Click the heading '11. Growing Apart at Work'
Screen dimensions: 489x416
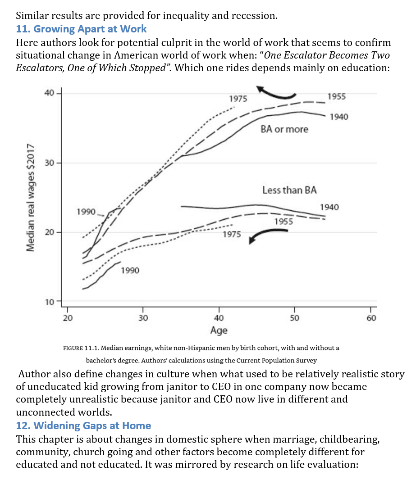81,29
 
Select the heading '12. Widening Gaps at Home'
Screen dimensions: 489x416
83,426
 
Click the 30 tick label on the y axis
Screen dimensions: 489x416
49,163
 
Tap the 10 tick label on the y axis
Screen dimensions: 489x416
49,302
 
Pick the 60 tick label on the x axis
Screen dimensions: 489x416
370,318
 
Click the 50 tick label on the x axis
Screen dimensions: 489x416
294,318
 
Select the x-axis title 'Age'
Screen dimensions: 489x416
219,331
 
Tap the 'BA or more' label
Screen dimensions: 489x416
284,129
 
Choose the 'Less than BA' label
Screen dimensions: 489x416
289,190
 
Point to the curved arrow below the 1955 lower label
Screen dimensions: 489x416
268,235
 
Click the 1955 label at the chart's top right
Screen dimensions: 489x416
337,96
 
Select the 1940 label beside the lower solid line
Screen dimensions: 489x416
329,207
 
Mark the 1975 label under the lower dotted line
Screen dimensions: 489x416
232,235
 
